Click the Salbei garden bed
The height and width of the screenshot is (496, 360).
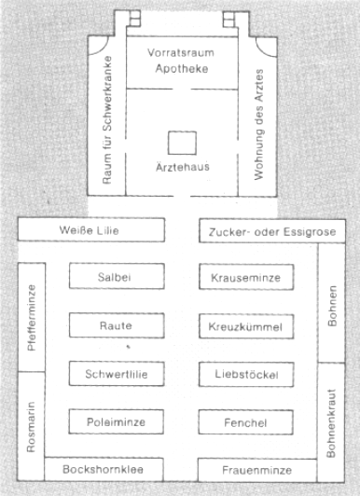pyautogui.click(x=117, y=276)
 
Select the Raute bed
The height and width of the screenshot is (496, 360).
pyautogui.click(x=117, y=325)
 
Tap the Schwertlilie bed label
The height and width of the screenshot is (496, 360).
pyautogui.click(x=117, y=374)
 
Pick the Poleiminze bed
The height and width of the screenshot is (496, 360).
pyautogui.click(x=117, y=421)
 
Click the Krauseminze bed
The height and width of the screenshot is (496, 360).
pyautogui.click(x=246, y=277)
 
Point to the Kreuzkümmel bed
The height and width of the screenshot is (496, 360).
pyautogui.click(x=246, y=326)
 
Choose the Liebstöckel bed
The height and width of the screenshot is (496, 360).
pyautogui.click(x=246, y=375)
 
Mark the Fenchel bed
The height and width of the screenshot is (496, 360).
pyautogui.click(x=246, y=422)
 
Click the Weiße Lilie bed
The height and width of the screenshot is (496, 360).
pyautogui.click(x=91, y=229)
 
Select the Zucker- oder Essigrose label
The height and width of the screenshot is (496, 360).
pyautogui.click(x=272, y=232)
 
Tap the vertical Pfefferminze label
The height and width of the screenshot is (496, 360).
pyautogui.click(x=32, y=318)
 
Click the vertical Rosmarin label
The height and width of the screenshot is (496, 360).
pyautogui.click(x=31, y=427)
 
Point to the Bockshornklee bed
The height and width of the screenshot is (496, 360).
pyautogui.click(x=104, y=470)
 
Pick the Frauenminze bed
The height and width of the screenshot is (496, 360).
pyautogui.click(x=257, y=471)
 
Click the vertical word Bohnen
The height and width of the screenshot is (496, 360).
pyautogui.click(x=332, y=306)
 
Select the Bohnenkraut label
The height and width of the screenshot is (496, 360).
pyautogui.click(x=331, y=423)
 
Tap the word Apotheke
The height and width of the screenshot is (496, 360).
pyautogui.click(x=182, y=69)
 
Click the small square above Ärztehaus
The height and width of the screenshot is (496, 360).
pyautogui.click(x=182, y=143)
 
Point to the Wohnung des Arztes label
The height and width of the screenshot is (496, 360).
pyautogui.click(x=259, y=125)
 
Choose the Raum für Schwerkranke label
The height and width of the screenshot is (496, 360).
pyautogui.click(x=107, y=120)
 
